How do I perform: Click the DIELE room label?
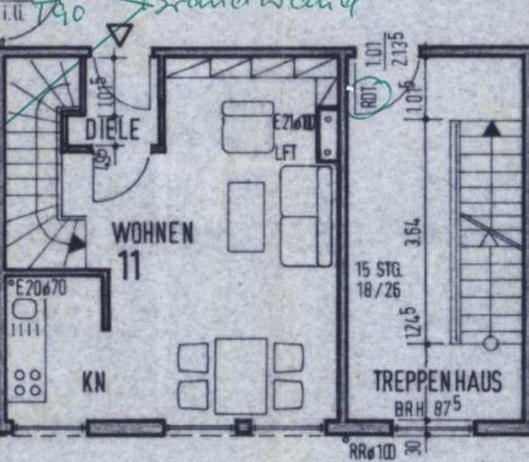(x=112, y=130)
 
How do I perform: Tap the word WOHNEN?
(x=153, y=235)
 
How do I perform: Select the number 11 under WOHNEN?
(x=130, y=266)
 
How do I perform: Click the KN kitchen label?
(x=94, y=384)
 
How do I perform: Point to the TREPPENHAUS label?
(x=437, y=383)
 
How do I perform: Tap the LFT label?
(x=285, y=152)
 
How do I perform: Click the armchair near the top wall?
(x=248, y=126)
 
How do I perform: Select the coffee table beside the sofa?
(x=245, y=217)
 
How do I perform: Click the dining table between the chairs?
(x=241, y=374)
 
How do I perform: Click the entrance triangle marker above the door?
(x=117, y=36)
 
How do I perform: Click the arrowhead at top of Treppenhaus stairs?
(x=490, y=128)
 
